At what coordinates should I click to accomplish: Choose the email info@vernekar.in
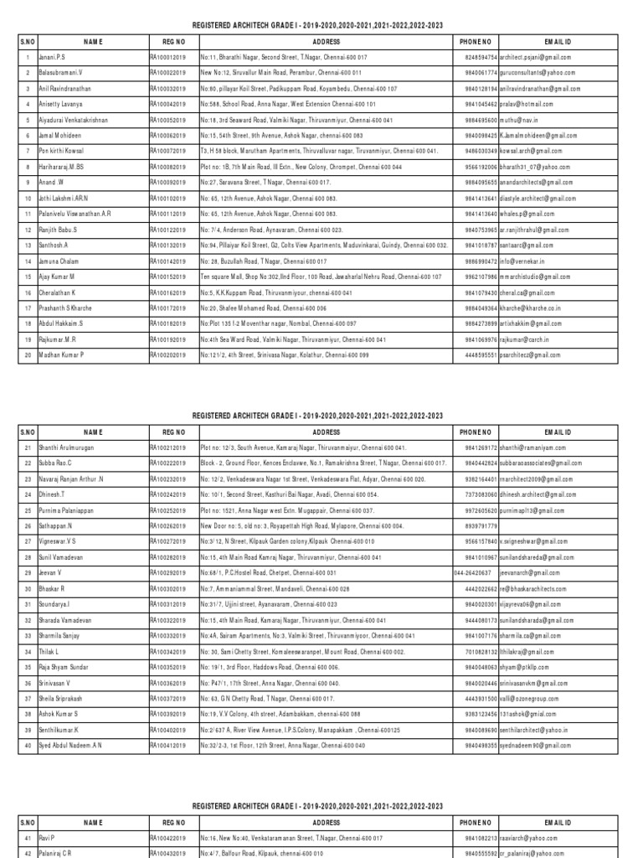click(527, 261)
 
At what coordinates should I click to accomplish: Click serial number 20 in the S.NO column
click(28, 355)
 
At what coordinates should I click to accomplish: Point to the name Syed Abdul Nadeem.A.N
click(70, 745)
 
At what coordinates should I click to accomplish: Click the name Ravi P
click(46, 837)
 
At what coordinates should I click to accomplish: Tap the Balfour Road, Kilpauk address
click(273, 852)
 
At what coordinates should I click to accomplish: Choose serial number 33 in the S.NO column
click(28, 635)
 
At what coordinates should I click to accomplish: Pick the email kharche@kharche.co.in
click(532, 308)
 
